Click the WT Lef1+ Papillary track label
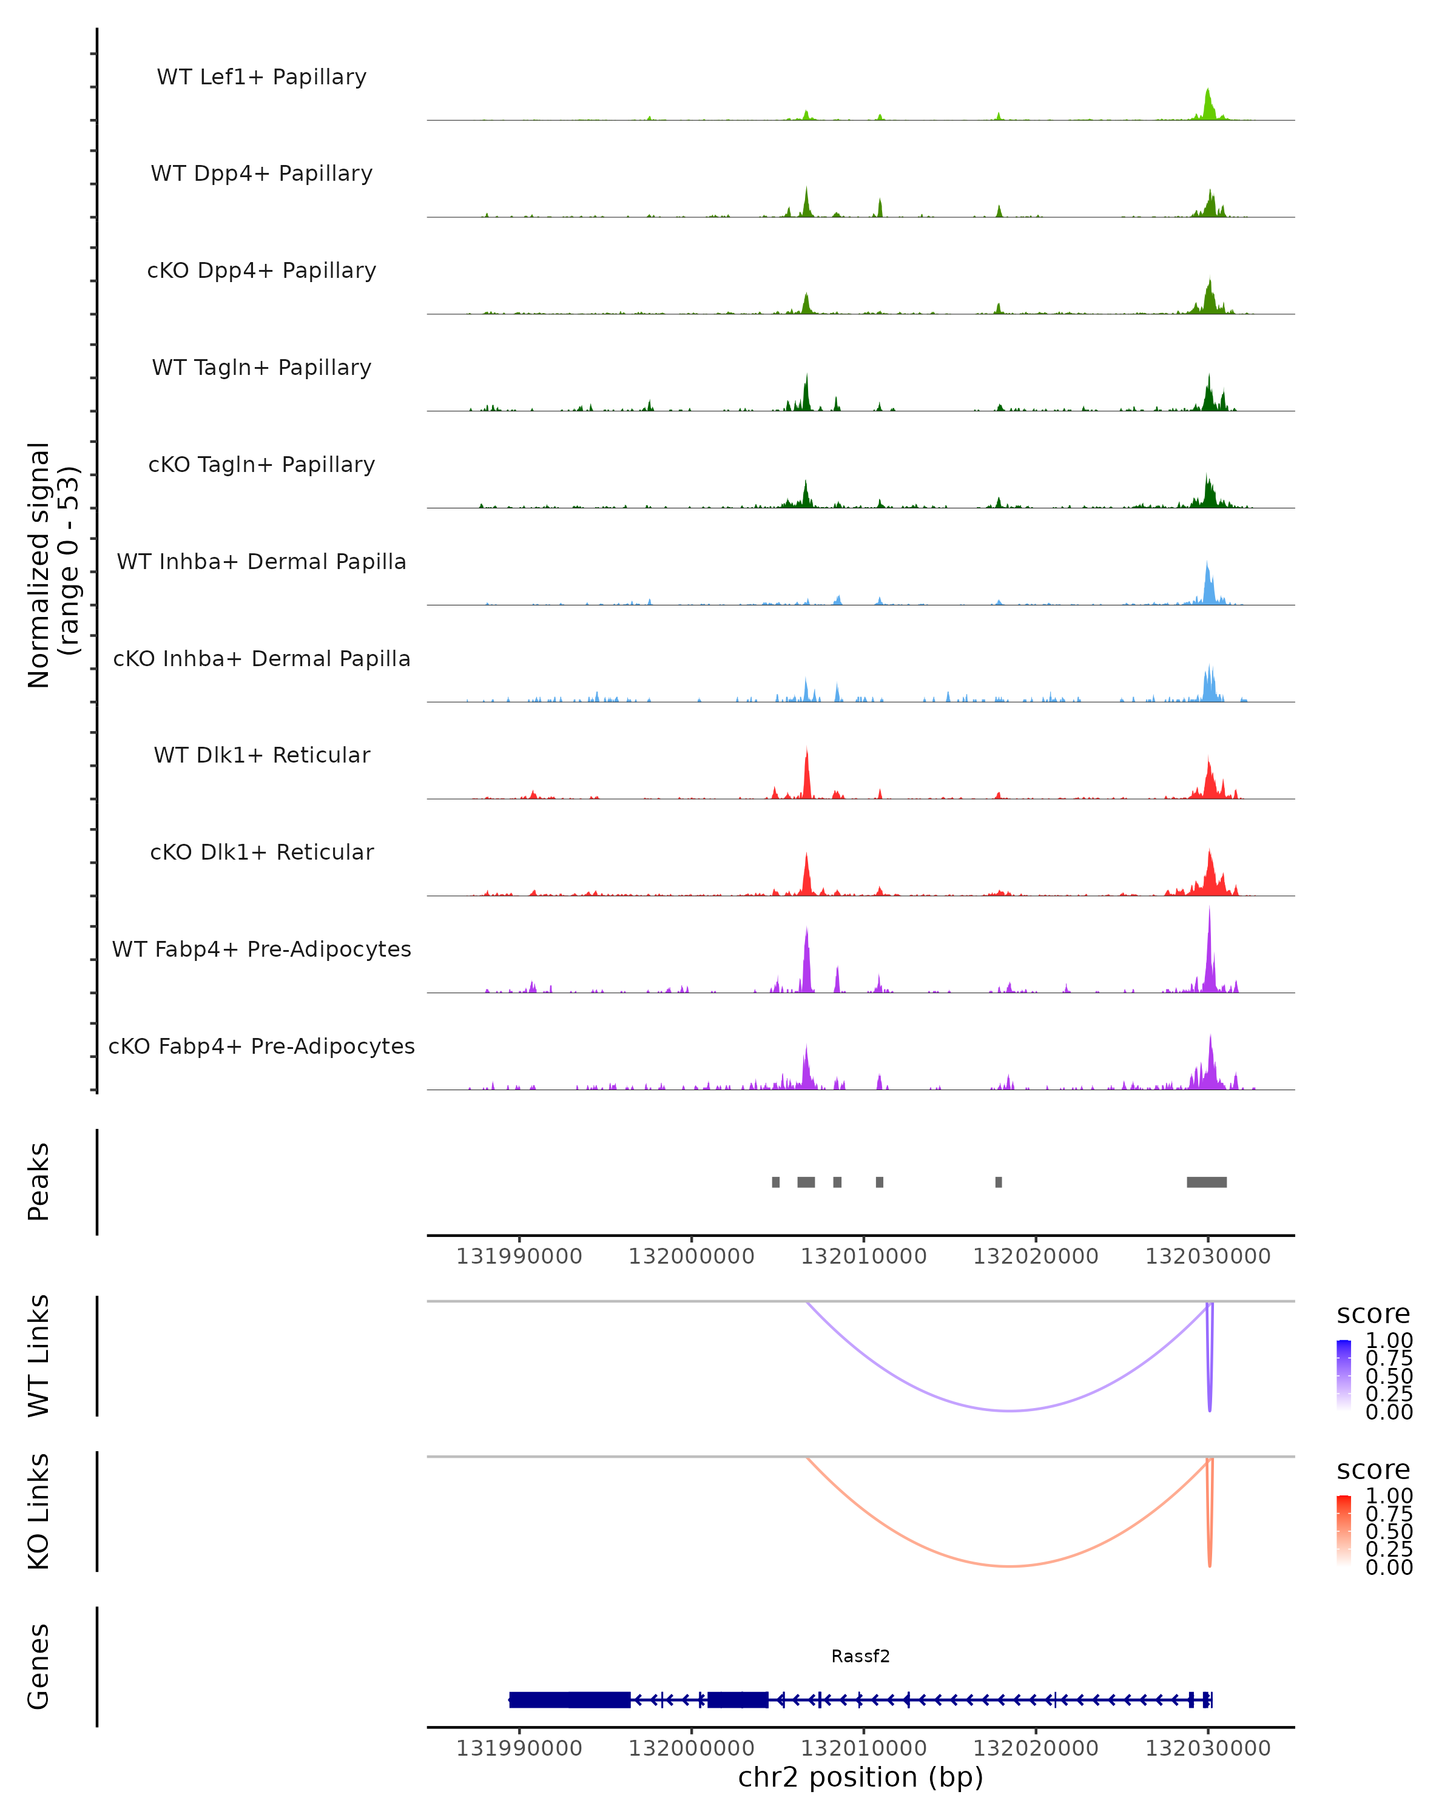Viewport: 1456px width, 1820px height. click(261, 77)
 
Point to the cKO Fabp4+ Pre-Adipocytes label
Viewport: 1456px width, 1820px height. click(261, 1046)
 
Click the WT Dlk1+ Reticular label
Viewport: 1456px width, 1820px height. click(261, 755)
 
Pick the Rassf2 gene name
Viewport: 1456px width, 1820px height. click(860, 1656)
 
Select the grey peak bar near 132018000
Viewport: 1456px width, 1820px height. click(999, 1182)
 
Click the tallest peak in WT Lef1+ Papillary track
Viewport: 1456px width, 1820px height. click(1208, 91)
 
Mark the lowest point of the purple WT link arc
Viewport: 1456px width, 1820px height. click(1009, 1410)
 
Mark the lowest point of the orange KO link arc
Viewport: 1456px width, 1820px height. click(1009, 1567)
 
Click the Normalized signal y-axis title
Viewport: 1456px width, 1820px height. click(52, 565)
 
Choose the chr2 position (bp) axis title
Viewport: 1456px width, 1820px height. click(860, 1777)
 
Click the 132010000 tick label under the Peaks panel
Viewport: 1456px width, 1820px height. click(863, 1256)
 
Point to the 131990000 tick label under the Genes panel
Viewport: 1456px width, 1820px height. click(519, 1748)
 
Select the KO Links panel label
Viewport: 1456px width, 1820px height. click(39, 1511)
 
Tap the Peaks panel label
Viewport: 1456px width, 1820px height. click(39, 1182)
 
